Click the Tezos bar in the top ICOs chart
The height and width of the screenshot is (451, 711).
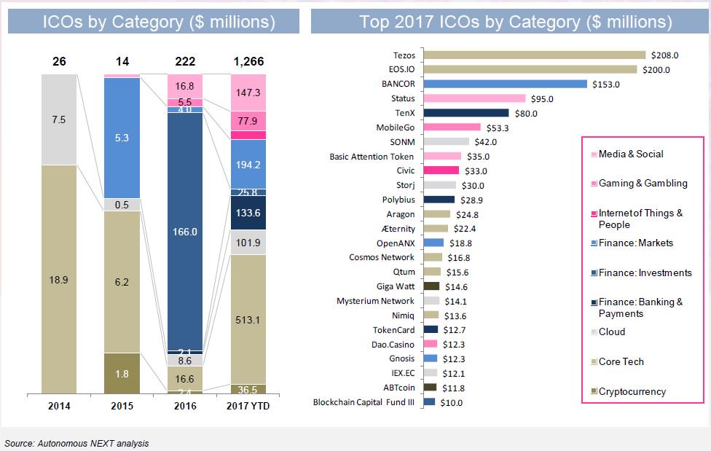(x=534, y=55)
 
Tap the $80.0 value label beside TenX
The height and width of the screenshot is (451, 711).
(x=525, y=113)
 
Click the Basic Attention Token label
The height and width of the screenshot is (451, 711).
(x=372, y=156)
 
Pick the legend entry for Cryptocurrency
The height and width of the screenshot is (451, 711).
(x=631, y=391)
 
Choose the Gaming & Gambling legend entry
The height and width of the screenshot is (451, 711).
(x=642, y=183)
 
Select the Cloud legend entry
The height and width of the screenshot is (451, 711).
(x=611, y=332)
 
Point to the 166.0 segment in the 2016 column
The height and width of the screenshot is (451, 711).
(x=186, y=231)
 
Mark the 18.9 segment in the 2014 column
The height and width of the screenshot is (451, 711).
(x=59, y=278)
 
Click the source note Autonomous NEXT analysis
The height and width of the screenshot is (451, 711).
(x=76, y=443)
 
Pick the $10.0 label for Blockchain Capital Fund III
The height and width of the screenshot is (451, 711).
(x=450, y=402)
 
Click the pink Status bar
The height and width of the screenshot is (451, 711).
(x=474, y=98)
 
